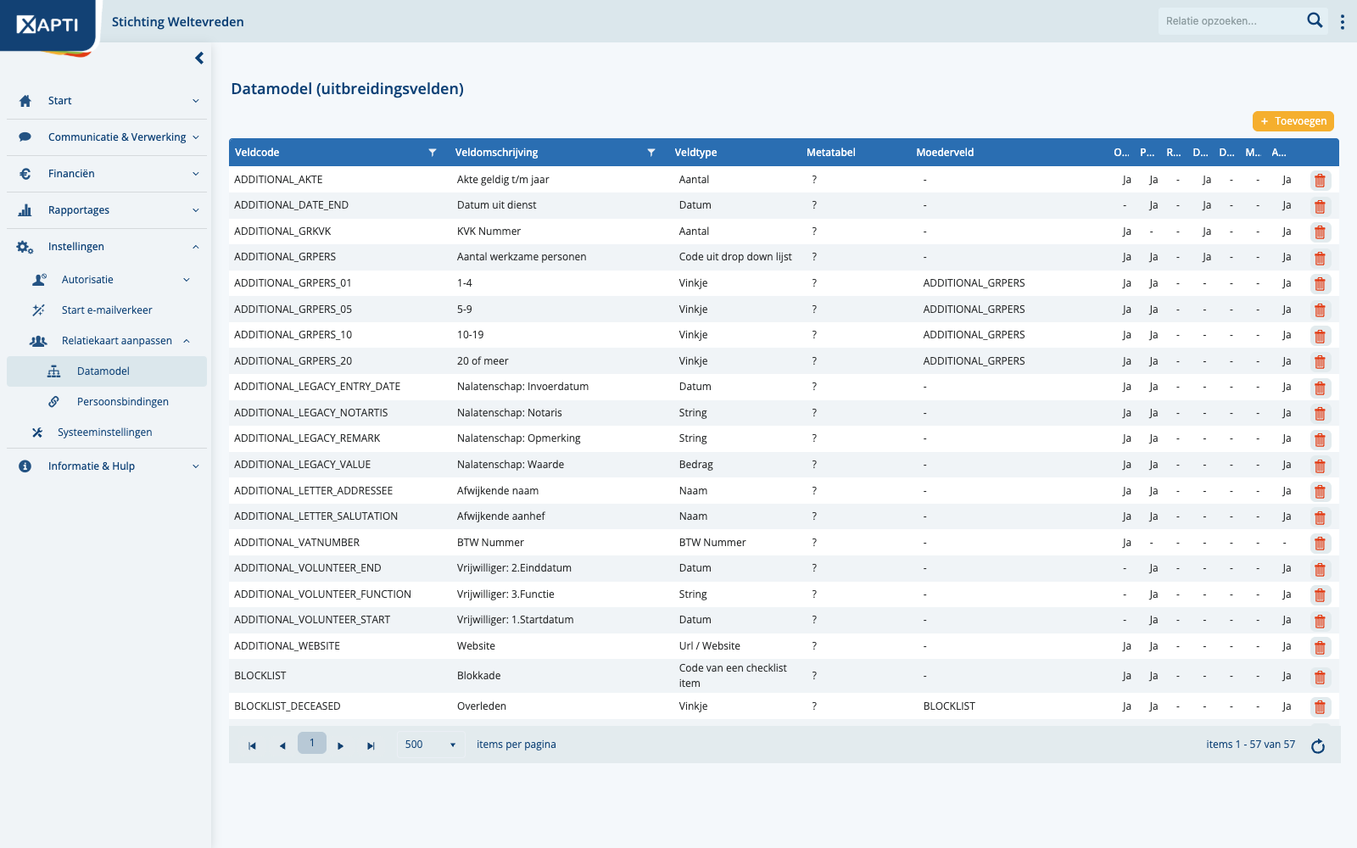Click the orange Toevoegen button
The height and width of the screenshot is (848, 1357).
pos(1293,121)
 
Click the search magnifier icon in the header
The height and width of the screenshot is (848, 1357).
pos(1314,20)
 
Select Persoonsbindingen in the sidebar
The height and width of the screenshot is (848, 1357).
pos(122,402)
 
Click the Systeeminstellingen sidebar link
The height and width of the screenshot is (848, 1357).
pos(105,432)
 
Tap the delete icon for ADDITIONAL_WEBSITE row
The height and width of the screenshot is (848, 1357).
pos(1320,647)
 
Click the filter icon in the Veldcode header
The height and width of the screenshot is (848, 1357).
pos(432,153)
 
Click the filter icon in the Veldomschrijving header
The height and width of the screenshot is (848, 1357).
pos(651,153)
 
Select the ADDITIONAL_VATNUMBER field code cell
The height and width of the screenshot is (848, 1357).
pos(297,542)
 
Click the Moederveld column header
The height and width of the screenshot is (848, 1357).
pos(945,153)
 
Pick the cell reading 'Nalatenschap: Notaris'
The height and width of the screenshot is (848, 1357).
pos(510,412)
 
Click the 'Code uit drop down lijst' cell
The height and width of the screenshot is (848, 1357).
pos(734,257)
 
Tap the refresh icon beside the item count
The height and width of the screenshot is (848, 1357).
pos(1318,745)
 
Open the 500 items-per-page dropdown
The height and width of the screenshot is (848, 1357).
pos(430,745)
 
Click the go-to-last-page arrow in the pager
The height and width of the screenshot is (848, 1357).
pos(371,745)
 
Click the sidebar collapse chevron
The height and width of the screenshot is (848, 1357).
pos(199,59)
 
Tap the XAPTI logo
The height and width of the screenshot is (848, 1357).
pos(47,25)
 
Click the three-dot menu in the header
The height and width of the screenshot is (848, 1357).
pos(1343,22)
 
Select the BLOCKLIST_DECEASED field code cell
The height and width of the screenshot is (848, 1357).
pos(288,706)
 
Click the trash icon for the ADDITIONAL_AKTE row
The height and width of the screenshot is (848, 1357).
pos(1320,181)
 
